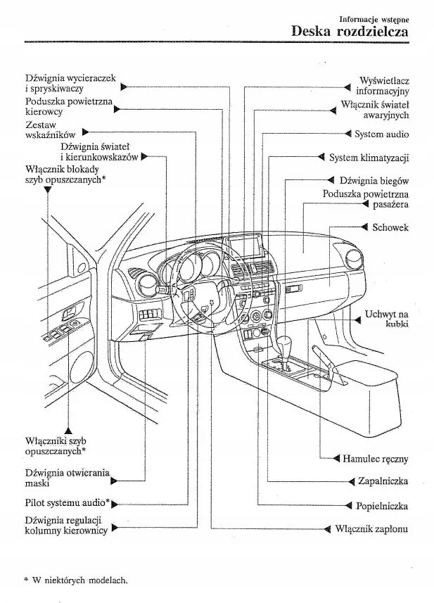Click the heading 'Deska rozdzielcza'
(x=349, y=31)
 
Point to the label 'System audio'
(x=381, y=134)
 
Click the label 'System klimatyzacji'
(x=369, y=157)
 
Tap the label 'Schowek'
(x=390, y=227)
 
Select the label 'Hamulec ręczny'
(x=376, y=458)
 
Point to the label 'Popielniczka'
(x=382, y=505)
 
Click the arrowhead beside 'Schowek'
(x=365, y=227)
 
